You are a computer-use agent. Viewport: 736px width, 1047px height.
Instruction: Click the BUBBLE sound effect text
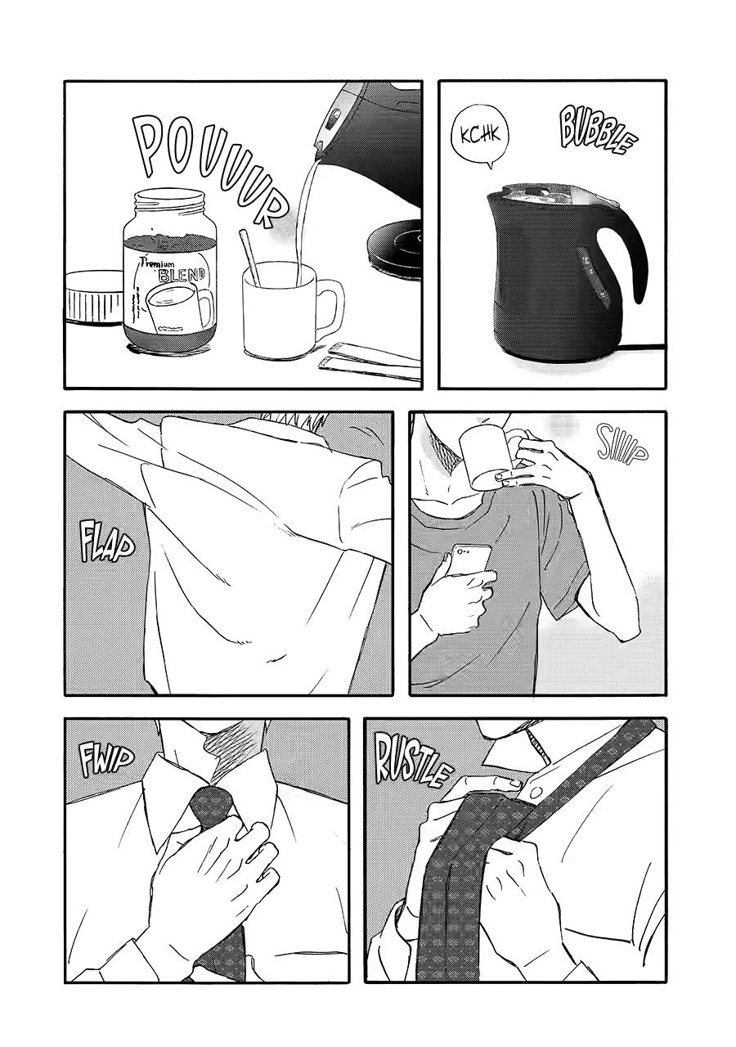pos(597,132)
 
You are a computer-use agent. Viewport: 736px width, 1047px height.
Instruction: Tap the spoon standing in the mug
pos(250,257)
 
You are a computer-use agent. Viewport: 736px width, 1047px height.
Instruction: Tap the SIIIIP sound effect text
pos(622,444)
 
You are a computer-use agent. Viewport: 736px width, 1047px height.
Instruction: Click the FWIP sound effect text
pos(107,760)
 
